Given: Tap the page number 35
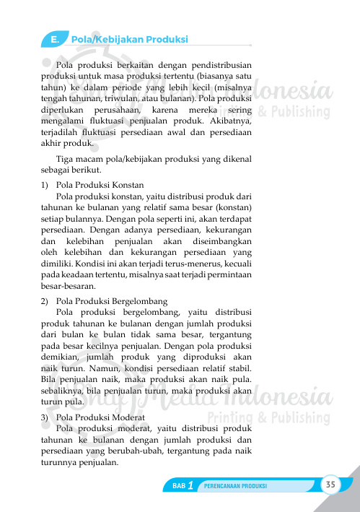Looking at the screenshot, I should click(x=331, y=484).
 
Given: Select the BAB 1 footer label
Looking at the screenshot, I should click(x=182, y=486).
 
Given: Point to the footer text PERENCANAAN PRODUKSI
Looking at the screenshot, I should click(x=235, y=486).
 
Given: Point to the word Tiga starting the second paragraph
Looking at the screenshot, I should click(x=64, y=159).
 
